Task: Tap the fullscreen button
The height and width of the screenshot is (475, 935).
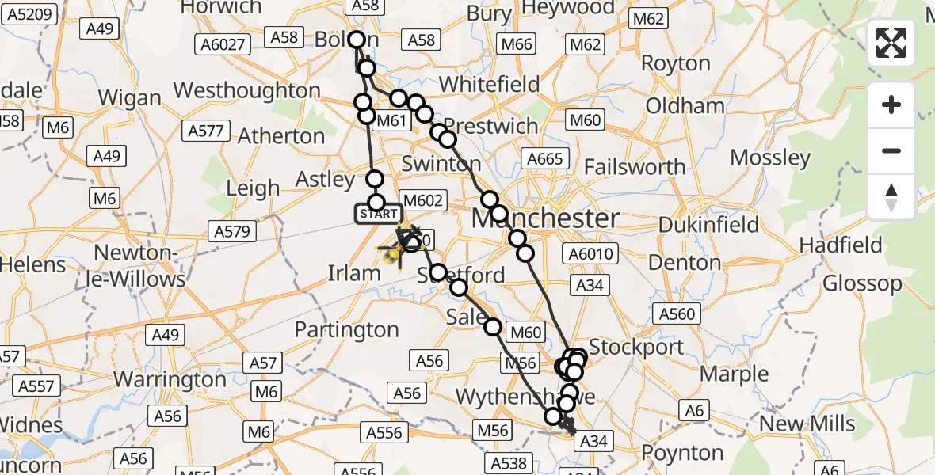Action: [891, 43]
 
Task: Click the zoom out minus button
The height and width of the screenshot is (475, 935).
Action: [891, 150]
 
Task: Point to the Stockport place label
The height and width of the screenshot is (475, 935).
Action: [636, 347]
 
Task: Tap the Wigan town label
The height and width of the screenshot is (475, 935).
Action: [131, 98]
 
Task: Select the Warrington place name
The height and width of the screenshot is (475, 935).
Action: [170, 379]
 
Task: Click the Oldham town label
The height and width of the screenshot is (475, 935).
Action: [685, 105]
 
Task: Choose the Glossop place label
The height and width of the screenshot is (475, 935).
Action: [862, 283]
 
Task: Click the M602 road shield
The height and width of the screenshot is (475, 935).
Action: [424, 201]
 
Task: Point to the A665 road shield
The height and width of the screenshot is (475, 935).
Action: [545, 160]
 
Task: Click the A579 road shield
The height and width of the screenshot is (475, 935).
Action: [231, 232]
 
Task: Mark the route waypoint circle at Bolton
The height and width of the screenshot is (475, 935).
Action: [356, 40]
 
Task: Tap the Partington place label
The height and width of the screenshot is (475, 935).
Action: [346, 329]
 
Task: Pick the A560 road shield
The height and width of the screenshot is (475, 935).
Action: [677, 314]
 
